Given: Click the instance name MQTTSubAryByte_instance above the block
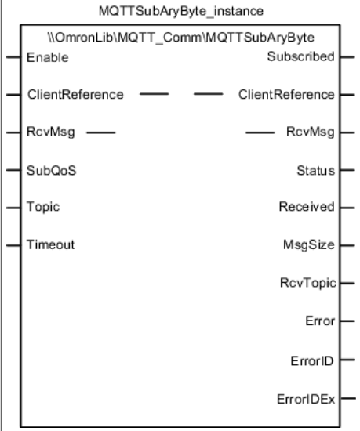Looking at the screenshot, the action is (x=181, y=12).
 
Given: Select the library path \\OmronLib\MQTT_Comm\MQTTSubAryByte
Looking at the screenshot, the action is (x=181, y=38).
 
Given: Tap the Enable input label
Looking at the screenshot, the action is (x=48, y=57).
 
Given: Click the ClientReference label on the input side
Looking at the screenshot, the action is (x=75, y=95).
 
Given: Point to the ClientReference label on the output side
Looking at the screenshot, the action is (x=286, y=95).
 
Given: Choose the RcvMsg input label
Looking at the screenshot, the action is (x=51, y=132).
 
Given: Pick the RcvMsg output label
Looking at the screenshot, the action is (x=311, y=132).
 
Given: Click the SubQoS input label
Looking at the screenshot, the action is (x=52, y=170).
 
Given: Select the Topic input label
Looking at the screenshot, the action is (x=43, y=207).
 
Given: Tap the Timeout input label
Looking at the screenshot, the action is (x=51, y=244).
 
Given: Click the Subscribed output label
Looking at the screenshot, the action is (x=301, y=56).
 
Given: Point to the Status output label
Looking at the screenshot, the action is (x=316, y=170).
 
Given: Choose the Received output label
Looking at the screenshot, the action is (x=307, y=207).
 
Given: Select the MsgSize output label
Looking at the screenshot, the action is (x=309, y=244).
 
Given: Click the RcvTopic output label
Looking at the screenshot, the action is (x=308, y=283).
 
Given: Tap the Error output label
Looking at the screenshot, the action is (x=320, y=321).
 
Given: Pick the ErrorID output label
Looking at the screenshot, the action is (x=312, y=361).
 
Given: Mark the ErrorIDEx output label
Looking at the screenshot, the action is (x=306, y=400).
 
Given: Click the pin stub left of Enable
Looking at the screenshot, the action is (x=13, y=57).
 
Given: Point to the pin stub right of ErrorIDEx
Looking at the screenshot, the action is (x=348, y=398).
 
